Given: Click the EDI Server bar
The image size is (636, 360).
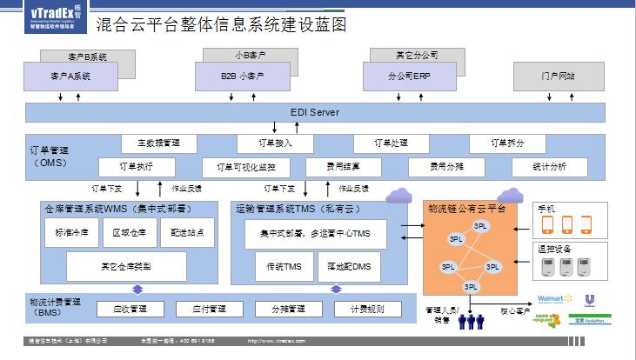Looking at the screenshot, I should [x=315, y=112].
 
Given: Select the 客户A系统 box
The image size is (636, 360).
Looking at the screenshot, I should [x=70, y=77].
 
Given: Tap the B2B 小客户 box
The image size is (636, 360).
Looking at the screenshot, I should [x=242, y=77].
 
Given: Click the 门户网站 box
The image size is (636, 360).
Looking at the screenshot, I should [x=557, y=76].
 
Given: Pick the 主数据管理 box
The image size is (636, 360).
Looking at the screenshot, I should [x=159, y=143].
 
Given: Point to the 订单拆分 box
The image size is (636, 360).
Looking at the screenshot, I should [x=507, y=143].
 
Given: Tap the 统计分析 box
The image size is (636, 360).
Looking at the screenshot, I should [x=550, y=166].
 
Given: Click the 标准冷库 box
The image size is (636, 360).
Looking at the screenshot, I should [x=70, y=232].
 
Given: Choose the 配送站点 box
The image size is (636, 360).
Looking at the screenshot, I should [x=187, y=232].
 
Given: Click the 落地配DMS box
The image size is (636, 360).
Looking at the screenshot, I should [x=348, y=266].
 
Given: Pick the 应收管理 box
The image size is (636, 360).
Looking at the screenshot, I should [x=131, y=309].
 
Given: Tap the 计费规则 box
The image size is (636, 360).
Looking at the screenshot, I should [x=367, y=309].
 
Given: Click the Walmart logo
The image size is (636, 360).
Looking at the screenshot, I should [x=553, y=299].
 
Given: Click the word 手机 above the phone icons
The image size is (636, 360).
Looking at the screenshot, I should [x=546, y=209].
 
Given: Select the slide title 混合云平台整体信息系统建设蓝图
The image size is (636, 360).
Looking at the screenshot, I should [x=220, y=25].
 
